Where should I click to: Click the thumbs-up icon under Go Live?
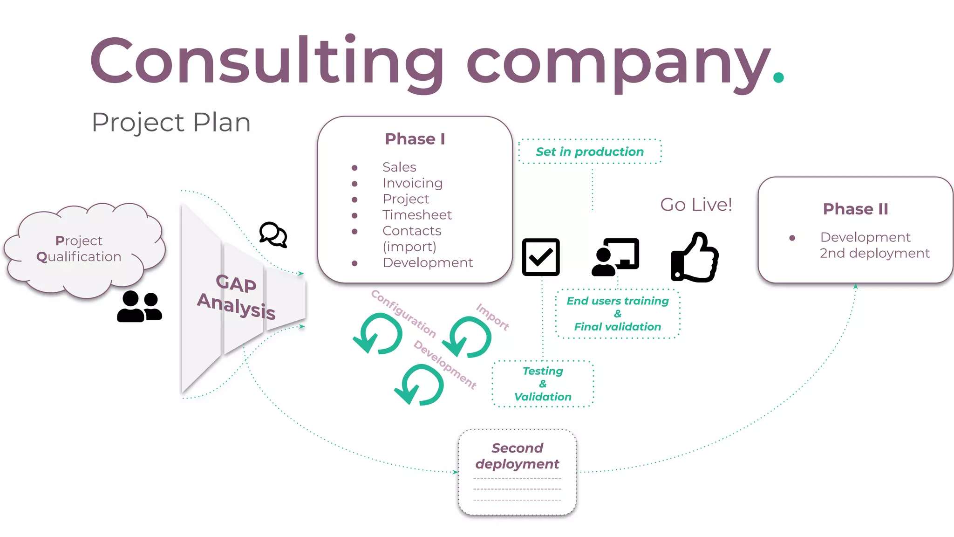pos(695,257)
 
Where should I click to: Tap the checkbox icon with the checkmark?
pos(541,257)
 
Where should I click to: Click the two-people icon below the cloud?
pos(139,306)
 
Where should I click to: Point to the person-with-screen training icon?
pos(616,257)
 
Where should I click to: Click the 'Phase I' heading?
pos(415,139)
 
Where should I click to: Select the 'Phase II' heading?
pos(855,209)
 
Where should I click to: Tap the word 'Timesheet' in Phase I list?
pos(417,215)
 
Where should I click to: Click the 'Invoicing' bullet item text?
pos(412,183)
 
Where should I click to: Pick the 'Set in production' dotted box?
pos(590,151)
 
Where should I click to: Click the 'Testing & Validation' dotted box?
pos(543,384)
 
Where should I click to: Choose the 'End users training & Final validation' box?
pos(618,314)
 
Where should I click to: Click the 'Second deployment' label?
pos(517,456)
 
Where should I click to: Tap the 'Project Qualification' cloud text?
pos(79,248)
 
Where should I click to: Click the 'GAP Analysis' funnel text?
pos(236,296)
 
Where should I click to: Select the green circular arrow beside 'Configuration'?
pos(378,333)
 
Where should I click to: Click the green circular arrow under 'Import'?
pos(467,337)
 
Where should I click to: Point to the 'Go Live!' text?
pos(696,205)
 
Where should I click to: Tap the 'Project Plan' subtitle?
pos(171,122)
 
